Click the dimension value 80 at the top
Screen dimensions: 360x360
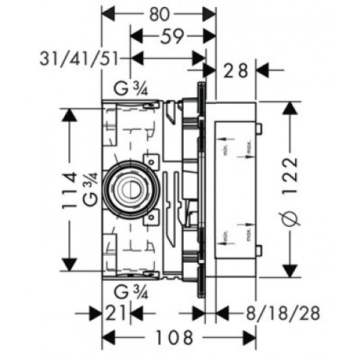coord(158,13)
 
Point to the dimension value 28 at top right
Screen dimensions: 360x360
coord(236,71)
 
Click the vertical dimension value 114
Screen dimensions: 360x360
coord(71,190)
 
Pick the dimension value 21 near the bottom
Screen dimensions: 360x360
coord(116,313)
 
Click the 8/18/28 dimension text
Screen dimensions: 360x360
coord(279,313)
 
